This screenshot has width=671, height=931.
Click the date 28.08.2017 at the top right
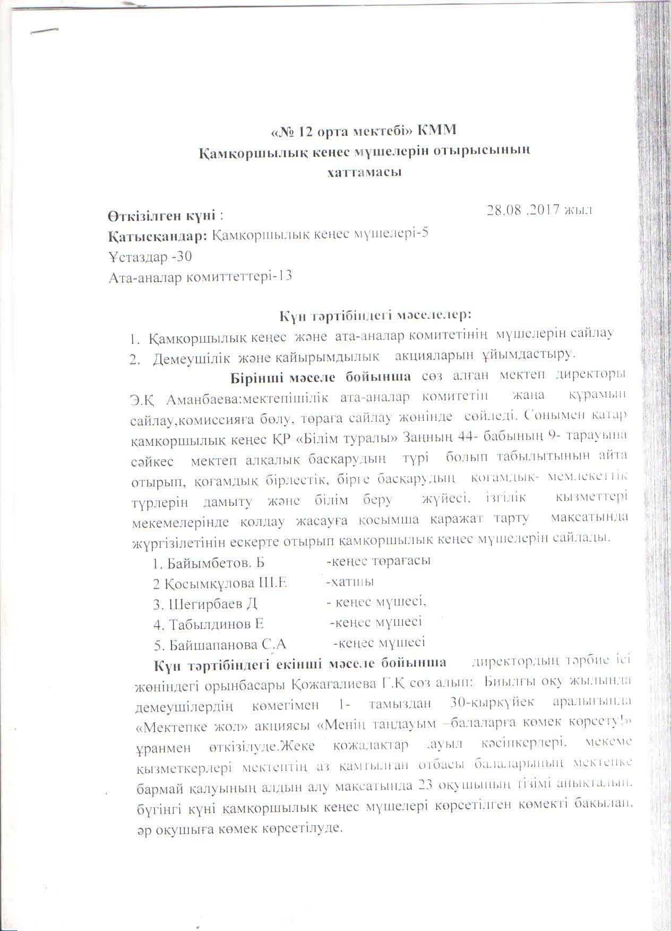click(539, 209)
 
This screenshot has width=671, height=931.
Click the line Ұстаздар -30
click(149, 256)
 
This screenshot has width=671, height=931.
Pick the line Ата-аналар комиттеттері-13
click(200, 276)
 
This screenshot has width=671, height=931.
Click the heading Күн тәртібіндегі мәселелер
click(376, 315)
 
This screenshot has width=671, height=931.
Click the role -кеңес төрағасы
click(378, 561)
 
